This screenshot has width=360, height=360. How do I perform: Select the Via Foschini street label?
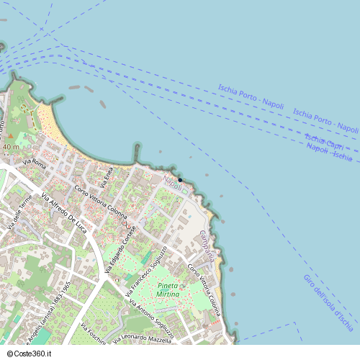pos(94,336)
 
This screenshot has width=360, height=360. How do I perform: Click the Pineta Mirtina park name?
pos(168,290)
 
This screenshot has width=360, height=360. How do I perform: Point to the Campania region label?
pos(207,246)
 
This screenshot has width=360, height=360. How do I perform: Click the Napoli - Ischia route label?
pos(329,151)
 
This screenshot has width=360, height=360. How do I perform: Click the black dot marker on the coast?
pos(180,179)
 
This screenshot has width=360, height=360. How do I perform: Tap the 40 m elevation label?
pos(11,147)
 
